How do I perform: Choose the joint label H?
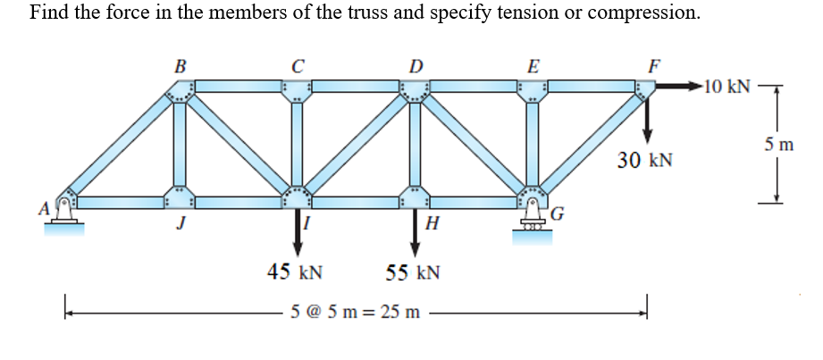click(x=432, y=223)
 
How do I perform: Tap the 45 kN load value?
click(x=295, y=272)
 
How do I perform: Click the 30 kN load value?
click(x=644, y=161)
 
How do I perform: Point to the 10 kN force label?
click(x=726, y=87)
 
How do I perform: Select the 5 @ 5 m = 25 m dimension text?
click(x=355, y=313)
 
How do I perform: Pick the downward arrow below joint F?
click(x=648, y=114)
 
